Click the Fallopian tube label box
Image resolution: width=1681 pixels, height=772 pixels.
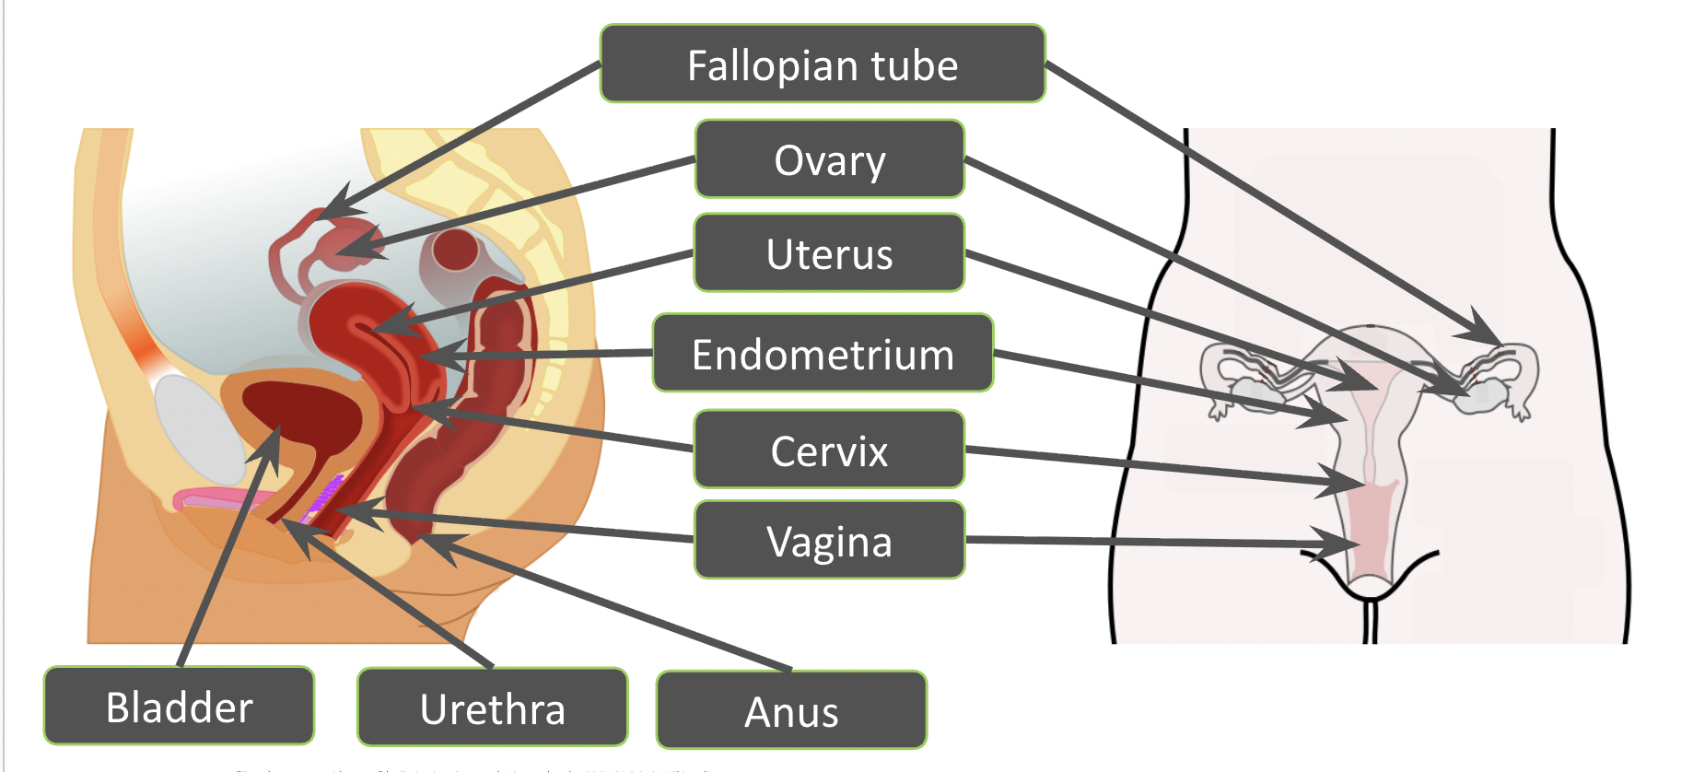tap(823, 64)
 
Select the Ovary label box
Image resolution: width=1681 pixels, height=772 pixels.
tap(829, 159)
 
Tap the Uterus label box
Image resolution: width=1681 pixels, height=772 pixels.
tap(829, 253)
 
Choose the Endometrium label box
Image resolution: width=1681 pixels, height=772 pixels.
tap(823, 354)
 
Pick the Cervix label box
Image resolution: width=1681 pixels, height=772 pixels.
tap(829, 450)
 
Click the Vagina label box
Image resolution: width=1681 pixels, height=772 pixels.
tap(829, 541)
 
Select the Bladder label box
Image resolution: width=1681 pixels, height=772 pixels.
tap(179, 707)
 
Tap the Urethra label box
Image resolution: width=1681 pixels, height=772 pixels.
tap(492, 708)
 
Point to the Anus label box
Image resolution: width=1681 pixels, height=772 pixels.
tap(791, 711)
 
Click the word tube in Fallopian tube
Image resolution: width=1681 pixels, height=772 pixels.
tap(915, 65)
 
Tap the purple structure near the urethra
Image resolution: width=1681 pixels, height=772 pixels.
tap(325, 493)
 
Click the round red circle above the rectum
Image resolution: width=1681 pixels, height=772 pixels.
tap(454, 249)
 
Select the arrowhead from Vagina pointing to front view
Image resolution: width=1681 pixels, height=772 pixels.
tap(1345, 544)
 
